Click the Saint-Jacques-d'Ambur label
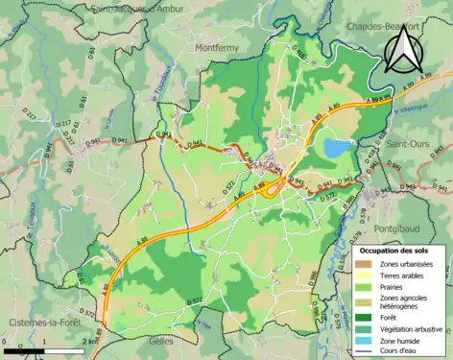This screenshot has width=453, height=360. [x=138, y=7]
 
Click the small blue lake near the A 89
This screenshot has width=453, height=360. [x=337, y=148]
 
